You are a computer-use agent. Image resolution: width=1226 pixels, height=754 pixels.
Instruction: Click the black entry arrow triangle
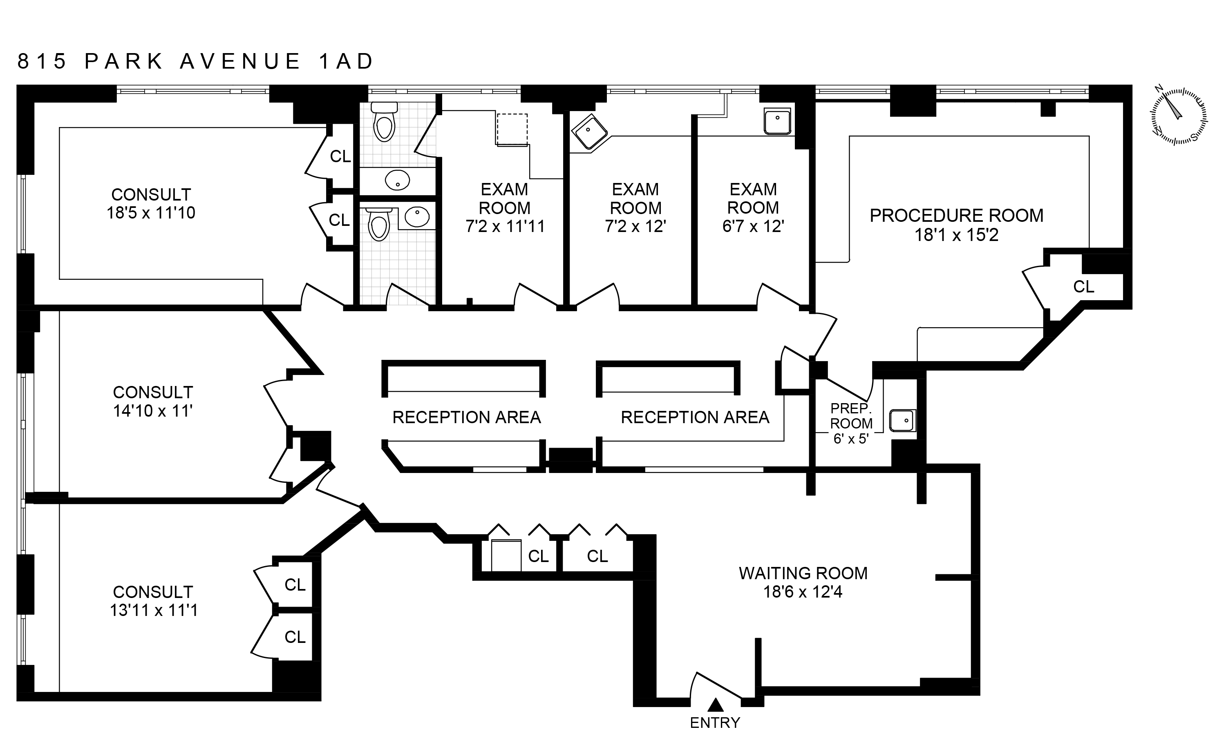click(716, 705)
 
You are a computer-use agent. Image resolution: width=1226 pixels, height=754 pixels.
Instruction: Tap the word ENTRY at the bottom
click(715, 723)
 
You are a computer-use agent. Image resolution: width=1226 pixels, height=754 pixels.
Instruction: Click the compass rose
click(1179, 116)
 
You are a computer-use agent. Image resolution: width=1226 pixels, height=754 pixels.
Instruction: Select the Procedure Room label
click(956, 215)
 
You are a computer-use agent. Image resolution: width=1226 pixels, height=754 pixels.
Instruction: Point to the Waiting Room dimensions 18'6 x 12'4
click(803, 592)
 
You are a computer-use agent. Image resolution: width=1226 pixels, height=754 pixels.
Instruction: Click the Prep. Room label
click(851, 416)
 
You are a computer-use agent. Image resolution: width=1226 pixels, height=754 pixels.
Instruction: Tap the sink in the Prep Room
click(903, 420)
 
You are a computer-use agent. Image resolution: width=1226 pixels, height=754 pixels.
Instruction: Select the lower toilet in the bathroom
click(379, 225)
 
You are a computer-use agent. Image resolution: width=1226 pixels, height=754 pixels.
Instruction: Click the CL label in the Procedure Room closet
click(1083, 287)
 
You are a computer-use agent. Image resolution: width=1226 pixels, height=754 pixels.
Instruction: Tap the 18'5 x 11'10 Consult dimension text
click(151, 213)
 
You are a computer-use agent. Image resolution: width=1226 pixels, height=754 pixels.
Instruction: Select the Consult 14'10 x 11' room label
click(152, 402)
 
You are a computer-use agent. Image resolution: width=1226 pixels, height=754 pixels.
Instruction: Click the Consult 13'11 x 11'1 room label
click(153, 601)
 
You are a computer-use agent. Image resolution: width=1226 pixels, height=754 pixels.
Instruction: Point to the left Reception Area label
click(466, 417)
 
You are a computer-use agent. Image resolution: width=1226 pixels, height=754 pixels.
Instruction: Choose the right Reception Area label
click(695, 417)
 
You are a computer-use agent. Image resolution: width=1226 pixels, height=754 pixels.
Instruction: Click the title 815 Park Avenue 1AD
click(195, 61)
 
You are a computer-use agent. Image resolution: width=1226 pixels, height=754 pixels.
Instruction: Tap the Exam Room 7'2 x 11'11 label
click(505, 208)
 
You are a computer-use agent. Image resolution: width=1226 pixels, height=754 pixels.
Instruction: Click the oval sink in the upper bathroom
click(398, 180)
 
